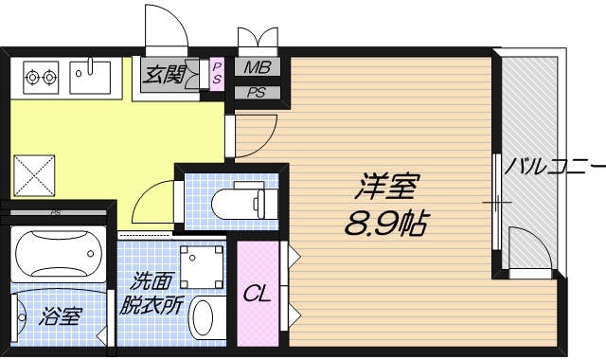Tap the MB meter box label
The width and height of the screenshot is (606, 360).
256,67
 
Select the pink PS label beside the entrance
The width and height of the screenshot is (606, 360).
217,73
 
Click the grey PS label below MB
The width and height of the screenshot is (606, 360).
256,93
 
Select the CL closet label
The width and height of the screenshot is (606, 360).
258,294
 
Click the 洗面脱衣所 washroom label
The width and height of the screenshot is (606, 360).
151,294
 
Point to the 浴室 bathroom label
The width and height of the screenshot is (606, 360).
60,316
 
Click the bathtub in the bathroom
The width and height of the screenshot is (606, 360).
59,254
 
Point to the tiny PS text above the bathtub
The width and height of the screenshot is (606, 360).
57,213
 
